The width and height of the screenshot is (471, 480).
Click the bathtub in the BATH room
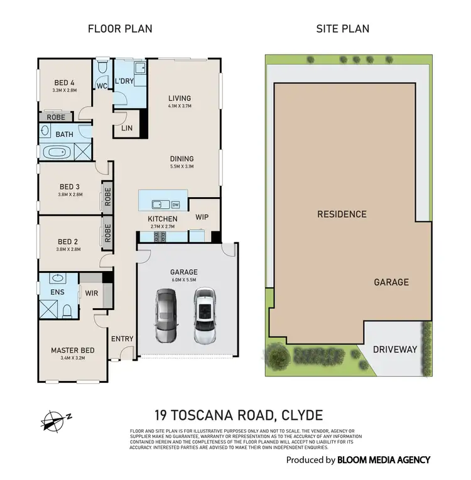click(57, 152)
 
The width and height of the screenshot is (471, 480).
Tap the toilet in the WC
click(102, 66)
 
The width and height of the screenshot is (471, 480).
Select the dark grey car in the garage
click(165, 315)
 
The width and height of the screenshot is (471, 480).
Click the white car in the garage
click(203, 315)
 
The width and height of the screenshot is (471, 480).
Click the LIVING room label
click(179, 99)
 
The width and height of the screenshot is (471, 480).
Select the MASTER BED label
click(72, 350)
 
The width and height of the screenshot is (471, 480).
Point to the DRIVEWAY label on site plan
click(394, 349)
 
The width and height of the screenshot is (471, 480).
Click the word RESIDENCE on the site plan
click(341, 214)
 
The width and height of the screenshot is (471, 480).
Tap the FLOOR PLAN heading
click(119, 29)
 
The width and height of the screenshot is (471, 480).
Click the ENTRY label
click(122, 339)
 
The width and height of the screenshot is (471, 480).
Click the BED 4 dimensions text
click(65, 90)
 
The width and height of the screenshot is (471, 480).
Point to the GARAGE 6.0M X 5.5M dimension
click(183, 280)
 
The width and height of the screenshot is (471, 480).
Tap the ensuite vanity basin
click(57, 279)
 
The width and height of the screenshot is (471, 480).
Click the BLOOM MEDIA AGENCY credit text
click(383, 460)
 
